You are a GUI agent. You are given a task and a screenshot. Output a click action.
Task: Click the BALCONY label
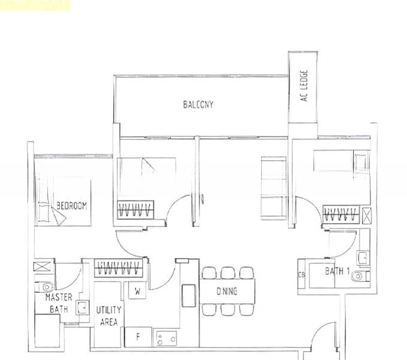tap(198, 104)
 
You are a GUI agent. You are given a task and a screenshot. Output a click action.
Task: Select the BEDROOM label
tap(71, 205)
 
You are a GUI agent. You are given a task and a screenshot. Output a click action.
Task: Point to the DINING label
tap(227, 291)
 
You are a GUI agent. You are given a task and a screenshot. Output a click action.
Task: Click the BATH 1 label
tap(337, 271)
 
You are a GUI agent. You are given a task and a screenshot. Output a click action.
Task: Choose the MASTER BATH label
tap(59, 303)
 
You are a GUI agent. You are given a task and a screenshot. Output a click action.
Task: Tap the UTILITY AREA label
tap(108, 315)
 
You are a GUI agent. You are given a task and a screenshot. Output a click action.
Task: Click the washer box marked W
tap(137, 292)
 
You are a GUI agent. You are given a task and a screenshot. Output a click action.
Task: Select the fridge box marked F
tap(137, 337)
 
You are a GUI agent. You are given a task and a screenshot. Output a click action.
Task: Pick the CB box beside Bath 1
tap(302, 275)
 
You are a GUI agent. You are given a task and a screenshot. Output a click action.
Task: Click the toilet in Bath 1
tap(358, 276)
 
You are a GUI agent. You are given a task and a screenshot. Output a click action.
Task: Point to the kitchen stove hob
tap(164, 338)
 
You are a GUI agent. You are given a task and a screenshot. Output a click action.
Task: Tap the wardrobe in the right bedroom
tap(340, 212)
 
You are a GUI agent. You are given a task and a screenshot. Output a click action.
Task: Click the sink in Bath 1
tap(362, 257)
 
